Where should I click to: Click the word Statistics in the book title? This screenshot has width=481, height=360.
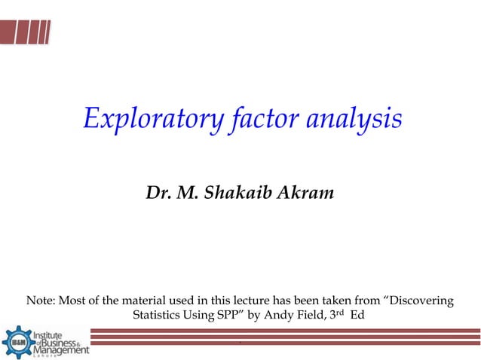click(x=157, y=316)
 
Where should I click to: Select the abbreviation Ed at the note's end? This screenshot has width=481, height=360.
click(x=358, y=316)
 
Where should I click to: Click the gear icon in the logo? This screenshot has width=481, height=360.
click(x=17, y=343)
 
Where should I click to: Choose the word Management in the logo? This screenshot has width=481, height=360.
click(x=60, y=350)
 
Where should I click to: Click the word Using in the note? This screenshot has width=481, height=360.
click(x=198, y=316)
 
